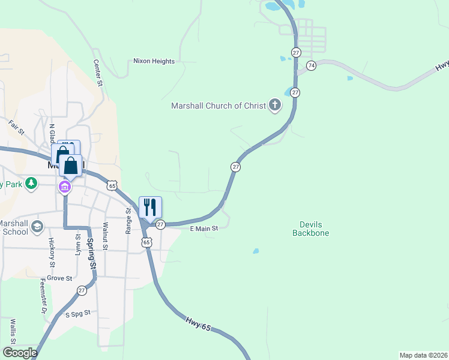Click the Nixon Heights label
coord(154,61)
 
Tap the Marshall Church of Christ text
coord(218,106)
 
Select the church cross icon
coord(275,106)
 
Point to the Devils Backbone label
coord(311,229)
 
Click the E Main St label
coord(203,228)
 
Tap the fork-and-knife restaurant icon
coord(150,208)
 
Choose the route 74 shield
coord(311,65)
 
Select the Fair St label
coord(16,127)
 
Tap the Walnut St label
coord(105,235)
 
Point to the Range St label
coord(128,221)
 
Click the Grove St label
coord(60,278)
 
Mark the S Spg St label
coord(77,313)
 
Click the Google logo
coord(19,353)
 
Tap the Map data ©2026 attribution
coord(423,355)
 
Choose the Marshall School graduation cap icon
coord(37,226)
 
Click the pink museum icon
coord(65,187)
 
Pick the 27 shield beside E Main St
coord(160,224)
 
